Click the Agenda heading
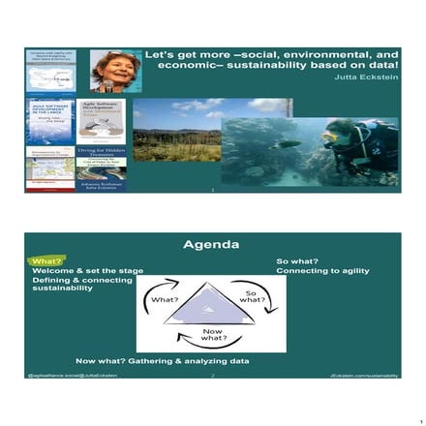point(211,244)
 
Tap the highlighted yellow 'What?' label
point(45,261)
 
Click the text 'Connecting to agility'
point(322,270)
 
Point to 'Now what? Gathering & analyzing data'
point(162,360)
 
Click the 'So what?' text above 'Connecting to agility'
point(297,260)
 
